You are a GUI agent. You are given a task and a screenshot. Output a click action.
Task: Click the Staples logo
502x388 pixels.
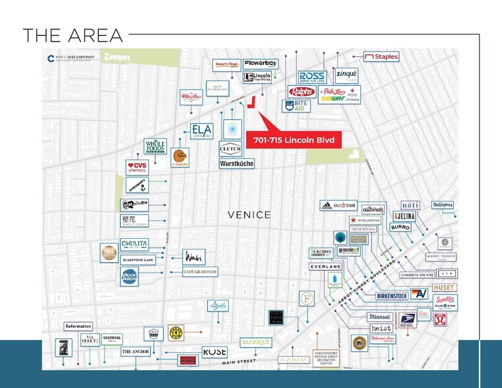(x=381, y=57)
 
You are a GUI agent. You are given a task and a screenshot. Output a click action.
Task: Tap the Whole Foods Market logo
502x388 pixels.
(x=156, y=146)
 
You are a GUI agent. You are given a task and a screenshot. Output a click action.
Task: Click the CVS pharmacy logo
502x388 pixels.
(x=138, y=167)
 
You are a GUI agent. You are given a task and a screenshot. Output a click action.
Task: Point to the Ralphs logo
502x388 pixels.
(x=301, y=92)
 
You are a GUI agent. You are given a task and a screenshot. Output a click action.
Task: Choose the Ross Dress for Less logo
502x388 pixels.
(x=312, y=77)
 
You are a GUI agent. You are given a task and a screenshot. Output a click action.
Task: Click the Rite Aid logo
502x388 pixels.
(x=296, y=106)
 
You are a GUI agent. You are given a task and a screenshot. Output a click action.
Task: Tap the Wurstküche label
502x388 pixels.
(x=236, y=163)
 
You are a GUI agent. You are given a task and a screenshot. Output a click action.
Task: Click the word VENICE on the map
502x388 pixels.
(x=249, y=214)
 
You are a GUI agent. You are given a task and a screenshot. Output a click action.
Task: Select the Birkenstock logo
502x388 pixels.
(x=392, y=296)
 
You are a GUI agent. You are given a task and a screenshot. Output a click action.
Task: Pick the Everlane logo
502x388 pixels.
(x=326, y=267)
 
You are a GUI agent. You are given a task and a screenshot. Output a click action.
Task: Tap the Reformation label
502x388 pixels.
(x=78, y=327)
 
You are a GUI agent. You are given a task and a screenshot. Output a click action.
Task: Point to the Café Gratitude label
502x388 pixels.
(x=199, y=271)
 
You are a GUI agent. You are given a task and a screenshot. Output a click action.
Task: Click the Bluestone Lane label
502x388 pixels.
(x=138, y=259)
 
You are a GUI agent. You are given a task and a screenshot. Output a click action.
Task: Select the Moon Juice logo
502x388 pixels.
(x=129, y=276)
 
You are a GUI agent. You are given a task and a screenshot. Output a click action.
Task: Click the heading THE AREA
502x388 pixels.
(x=73, y=36)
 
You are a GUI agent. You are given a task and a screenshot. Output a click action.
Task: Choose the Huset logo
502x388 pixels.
(x=445, y=288)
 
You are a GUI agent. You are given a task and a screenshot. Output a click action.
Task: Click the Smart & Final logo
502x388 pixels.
(x=227, y=65)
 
